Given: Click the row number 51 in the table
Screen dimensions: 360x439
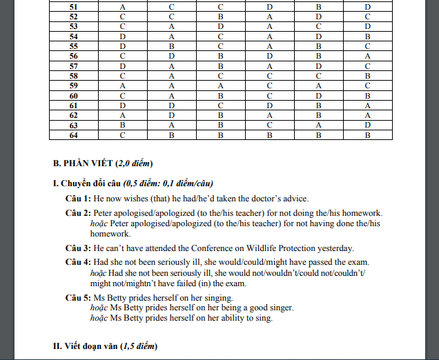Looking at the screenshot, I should (73, 6).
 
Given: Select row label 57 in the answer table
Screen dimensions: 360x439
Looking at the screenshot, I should (73, 66).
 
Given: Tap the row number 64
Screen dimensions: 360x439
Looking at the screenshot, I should (73, 135).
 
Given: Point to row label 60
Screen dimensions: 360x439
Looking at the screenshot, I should (73, 95).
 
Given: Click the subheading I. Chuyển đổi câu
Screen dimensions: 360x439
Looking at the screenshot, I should (86, 183).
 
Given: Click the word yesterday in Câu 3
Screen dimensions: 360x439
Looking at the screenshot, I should (333, 248).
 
